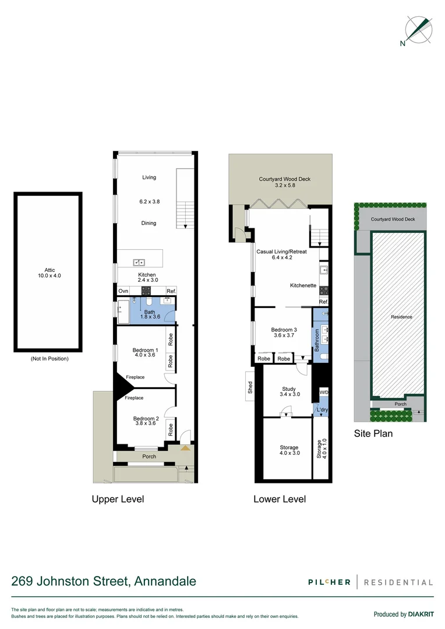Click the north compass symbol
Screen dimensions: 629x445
click(419, 30)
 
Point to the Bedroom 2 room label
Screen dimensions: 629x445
click(146, 421)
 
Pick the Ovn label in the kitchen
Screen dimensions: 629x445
click(123, 291)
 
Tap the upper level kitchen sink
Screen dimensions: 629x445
click(139, 262)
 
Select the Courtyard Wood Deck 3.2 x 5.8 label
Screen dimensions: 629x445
click(285, 183)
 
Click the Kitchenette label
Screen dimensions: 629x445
click(303, 285)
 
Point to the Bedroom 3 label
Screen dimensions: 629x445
click(284, 333)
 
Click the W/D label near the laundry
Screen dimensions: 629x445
click(323, 393)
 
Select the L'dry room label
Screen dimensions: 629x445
click(322, 411)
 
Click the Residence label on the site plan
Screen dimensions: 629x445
click(401, 317)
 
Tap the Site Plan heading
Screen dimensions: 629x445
click(373, 433)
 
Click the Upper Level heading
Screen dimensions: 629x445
click(118, 499)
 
